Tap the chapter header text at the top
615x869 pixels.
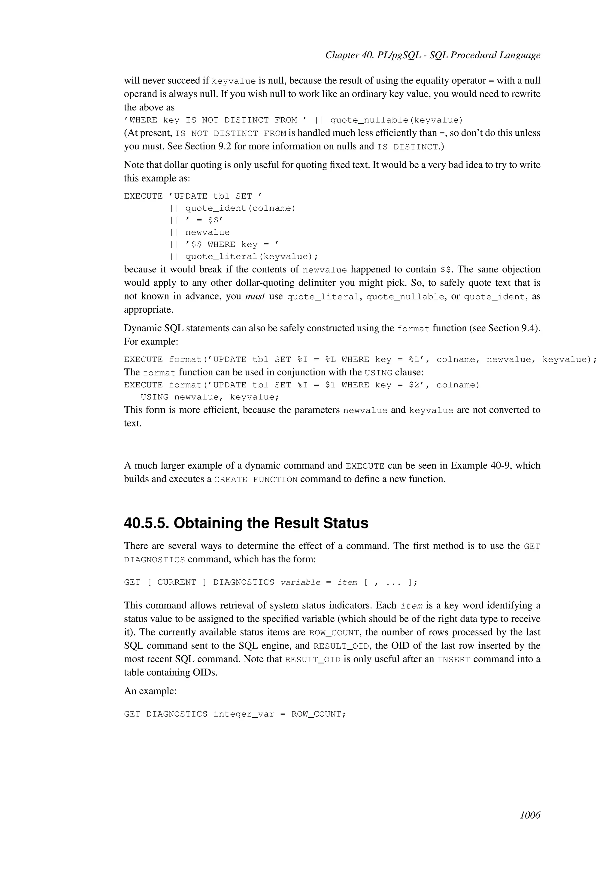pos(432,55)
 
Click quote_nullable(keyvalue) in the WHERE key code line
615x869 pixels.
pos(396,120)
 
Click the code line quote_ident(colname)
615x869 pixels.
pos(240,208)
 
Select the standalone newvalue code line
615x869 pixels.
pos(207,232)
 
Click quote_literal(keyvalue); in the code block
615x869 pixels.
pos(251,257)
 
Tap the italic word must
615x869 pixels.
pos(255,296)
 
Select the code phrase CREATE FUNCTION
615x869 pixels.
pos(256,480)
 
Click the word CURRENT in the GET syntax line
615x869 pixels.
pos(177,582)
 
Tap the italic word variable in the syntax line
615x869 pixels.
pos(300,582)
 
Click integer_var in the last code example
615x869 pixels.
pos(244,714)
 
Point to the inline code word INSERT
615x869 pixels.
pos(453,660)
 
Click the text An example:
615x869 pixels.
pos(150,691)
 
